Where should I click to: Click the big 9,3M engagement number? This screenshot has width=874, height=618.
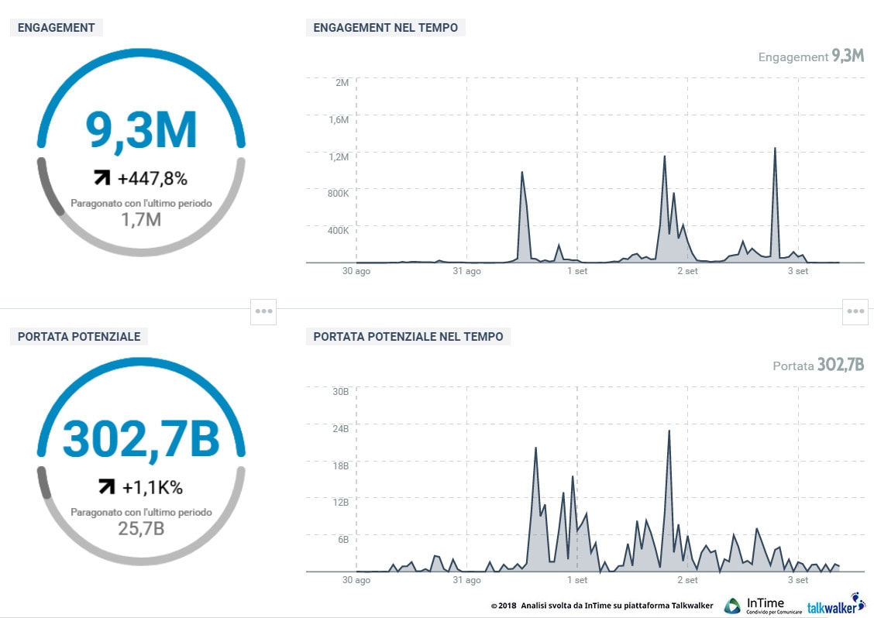click(141, 131)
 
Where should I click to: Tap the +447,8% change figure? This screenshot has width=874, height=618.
click(153, 179)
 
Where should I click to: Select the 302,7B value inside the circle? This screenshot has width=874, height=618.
click(141, 438)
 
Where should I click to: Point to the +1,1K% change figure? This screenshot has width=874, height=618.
click(152, 487)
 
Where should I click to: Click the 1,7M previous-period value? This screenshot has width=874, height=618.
click(141, 220)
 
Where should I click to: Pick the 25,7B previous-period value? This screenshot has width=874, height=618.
click(141, 529)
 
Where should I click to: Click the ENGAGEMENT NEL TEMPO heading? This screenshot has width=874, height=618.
click(385, 28)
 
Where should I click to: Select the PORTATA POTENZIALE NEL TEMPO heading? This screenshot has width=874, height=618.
click(408, 337)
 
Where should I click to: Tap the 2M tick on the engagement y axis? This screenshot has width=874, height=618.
click(342, 82)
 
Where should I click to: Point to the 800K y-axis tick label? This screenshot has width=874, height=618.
click(339, 194)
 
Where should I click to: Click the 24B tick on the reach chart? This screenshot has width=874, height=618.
click(340, 428)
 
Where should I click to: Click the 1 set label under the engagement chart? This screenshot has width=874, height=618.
click(576, 271)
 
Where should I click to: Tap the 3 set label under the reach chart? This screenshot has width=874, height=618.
click(797, 579)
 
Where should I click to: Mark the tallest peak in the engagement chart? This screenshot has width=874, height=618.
click(775, 149)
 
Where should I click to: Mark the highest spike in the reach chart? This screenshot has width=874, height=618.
click(669, 431)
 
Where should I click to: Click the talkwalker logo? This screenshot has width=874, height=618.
click(836, 606)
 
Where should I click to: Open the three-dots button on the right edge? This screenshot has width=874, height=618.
click(855, 311)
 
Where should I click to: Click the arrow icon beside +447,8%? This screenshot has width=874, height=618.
click(102, 179)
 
